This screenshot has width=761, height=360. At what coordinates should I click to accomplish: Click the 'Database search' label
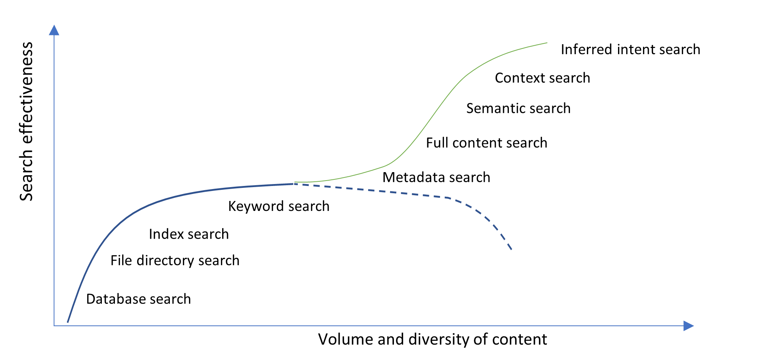pyautogui.click(x=138, y=299)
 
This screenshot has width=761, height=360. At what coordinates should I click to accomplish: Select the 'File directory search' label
pyautogui.click(x=175, y=260)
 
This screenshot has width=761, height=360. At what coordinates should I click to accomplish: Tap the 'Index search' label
pyautogui.click(x=189, y=234)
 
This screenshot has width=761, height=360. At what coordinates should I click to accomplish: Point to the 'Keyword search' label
pyautogui.click(x=279, y=206)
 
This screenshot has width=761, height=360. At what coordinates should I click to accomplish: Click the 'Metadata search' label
pyautogui.click(x=436, y=178)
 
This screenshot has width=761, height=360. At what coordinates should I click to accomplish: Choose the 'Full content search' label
pyautogui.click(x=486, y=143)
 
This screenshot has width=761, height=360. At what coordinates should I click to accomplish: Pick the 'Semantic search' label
pyautogui.click(x=518, y=108)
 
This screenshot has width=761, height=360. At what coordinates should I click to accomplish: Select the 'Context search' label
pyautogui.click(x=542, y=78)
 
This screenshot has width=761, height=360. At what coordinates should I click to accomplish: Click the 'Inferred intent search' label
pyautogui.click(x=630, y=50)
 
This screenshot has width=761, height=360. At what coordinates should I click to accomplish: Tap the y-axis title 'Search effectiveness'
pyautogui.click(x=26, y=121)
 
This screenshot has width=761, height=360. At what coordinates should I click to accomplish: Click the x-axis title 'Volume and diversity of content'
pyautogui.click(x=432, y=339)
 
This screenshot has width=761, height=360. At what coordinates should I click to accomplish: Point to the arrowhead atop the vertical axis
pyautogui.click(x=54, y=30)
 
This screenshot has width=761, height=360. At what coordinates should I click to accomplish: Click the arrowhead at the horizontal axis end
pyautogui.click(x=688, y=326)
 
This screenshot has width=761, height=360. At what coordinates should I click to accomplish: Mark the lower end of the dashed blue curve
pyautogui.click(x=512, y=250)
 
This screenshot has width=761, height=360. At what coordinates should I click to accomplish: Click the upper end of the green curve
pyautogui.click(x=547, y=43)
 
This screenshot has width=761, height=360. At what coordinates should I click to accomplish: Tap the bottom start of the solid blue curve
pyautogui.click(x=68, y=322)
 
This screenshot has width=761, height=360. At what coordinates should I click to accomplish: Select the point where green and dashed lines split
pyautogui.click(x=294, y=183)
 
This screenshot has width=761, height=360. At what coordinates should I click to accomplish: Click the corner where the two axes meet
pyautogui.click(x=54, y=326)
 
